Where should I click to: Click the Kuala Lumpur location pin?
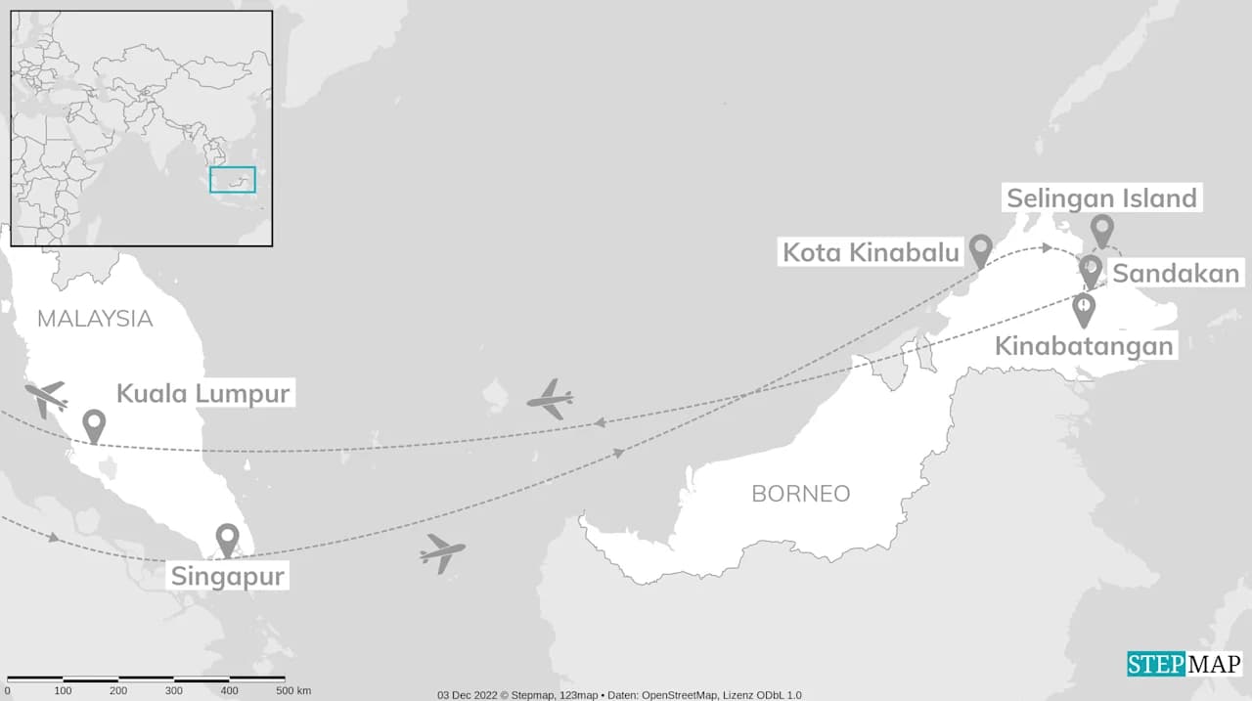94,424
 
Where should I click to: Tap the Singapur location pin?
227,539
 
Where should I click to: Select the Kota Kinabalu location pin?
981,249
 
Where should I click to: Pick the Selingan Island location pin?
1102,230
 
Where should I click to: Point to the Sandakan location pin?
1090,270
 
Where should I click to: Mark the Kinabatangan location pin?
1084,309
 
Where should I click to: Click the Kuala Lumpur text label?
203,394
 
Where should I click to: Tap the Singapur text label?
228,576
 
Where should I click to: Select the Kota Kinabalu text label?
871,253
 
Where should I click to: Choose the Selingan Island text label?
1101,198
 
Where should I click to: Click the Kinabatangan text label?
1084,345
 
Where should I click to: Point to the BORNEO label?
800,494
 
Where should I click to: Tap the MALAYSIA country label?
95,319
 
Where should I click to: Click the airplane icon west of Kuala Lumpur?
46,398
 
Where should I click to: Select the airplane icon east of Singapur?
442,552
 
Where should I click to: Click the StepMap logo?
1184,664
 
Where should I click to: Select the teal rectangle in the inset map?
233,180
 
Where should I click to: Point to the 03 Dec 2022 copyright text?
619,695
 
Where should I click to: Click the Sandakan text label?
1177,274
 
